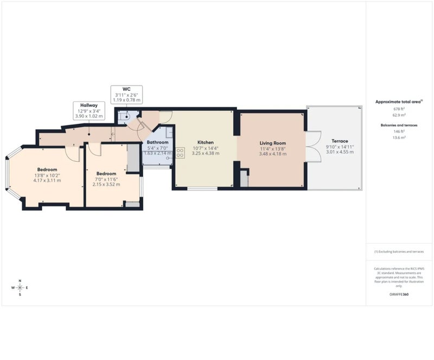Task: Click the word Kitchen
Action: [206, 142]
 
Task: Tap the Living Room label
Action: [273, 143]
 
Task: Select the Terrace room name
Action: [340, 141]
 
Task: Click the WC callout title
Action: [126, 89]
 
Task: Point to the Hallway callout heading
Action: [89, 105]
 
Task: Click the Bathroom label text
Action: [157, 142]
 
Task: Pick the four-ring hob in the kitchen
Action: [180, 153]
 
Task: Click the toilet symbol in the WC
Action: [126, 117]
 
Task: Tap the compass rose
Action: [20, 288]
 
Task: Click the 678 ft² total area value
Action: [397, 109]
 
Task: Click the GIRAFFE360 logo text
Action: [399, 294]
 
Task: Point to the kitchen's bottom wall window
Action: [202, 189]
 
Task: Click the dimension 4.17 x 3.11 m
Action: [47, 180]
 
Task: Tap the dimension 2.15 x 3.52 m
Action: [106, 184]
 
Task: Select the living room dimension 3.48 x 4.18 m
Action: [273, 154]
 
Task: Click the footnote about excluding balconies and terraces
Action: [399, 251]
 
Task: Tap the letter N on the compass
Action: [20, 281]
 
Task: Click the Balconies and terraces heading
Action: [399, 125]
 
